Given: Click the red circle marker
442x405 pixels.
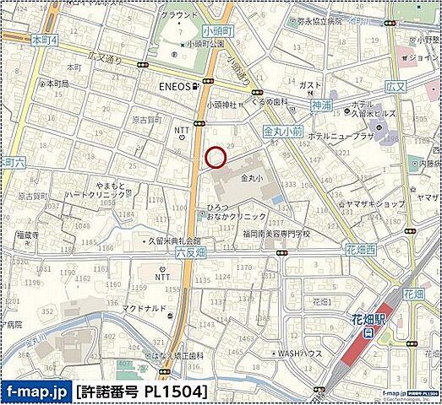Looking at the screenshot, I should (x=216, y=157).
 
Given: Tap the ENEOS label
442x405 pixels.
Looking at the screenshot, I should (x=172, y=85).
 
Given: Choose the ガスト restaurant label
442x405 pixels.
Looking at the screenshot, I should (x=310, y=85).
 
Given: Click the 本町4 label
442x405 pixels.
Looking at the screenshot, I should (x=43, y=39).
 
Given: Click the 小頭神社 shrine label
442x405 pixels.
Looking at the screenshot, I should (x=221, y=105).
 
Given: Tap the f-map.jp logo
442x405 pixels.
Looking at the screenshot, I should (x=36, y=391).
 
